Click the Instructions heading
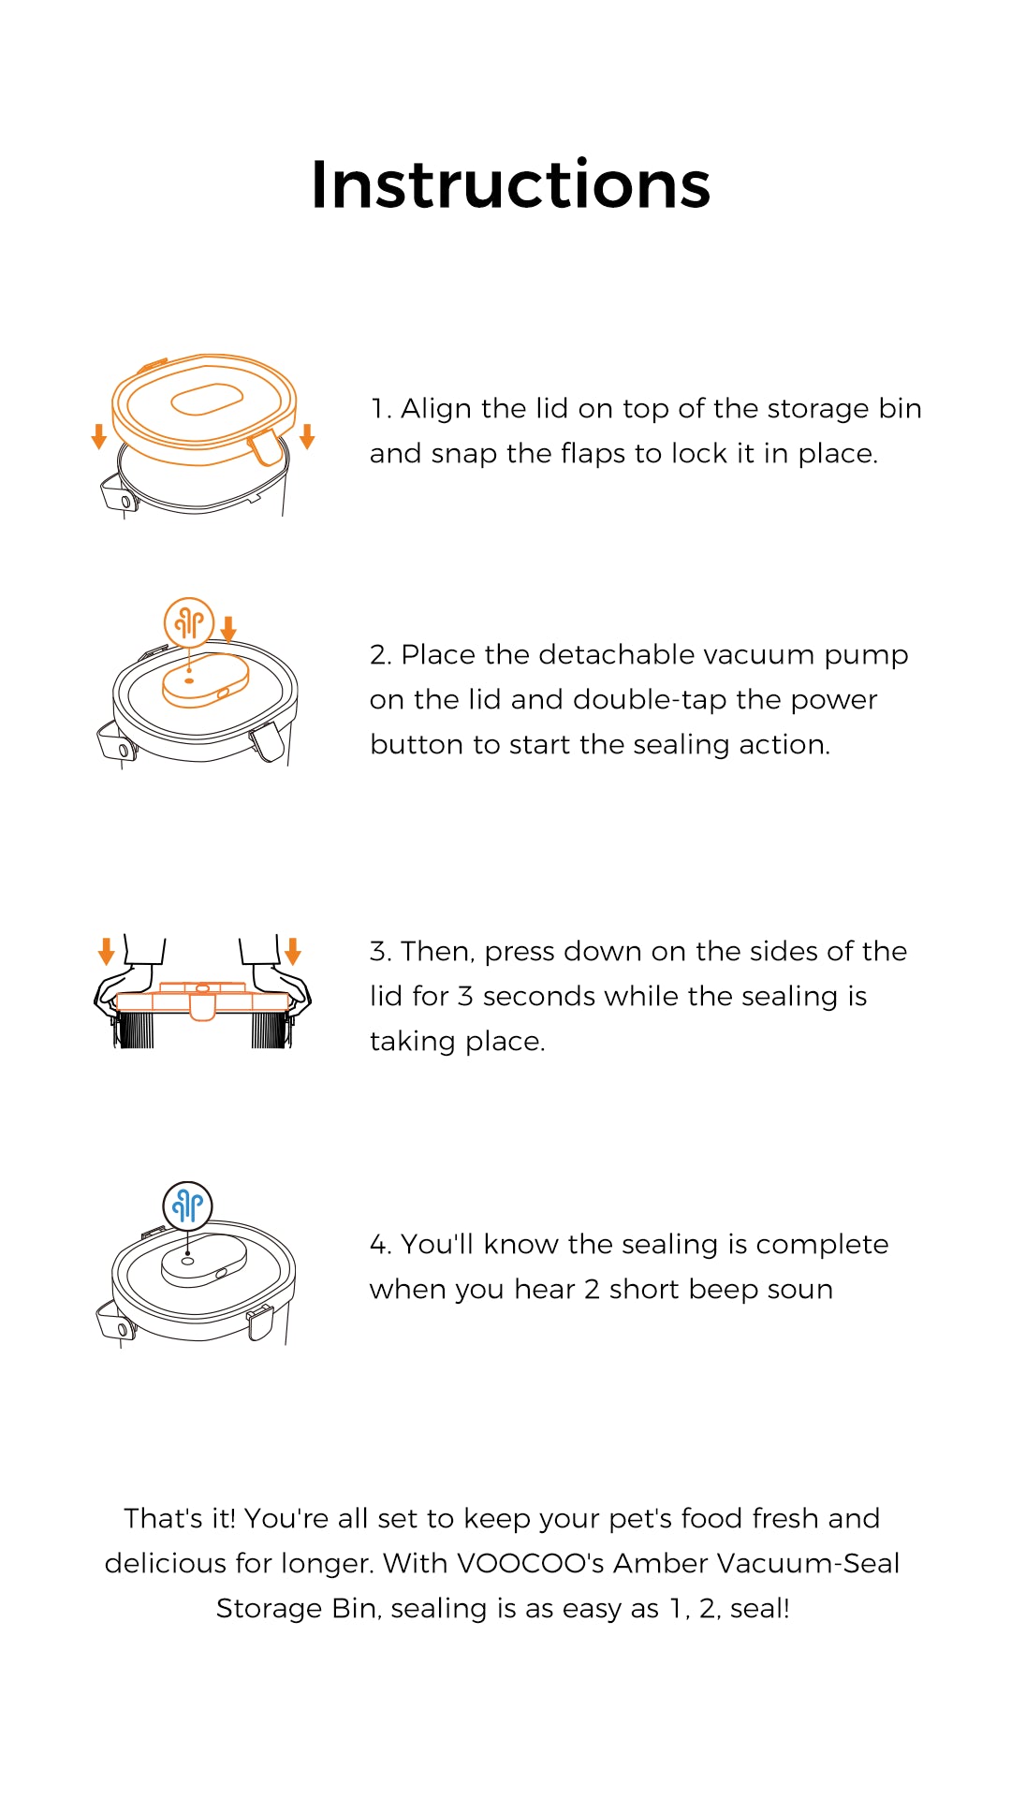510,184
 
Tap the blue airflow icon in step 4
188,1205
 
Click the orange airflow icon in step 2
189,622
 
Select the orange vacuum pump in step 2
206,680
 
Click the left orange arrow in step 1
98,436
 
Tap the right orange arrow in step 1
307,436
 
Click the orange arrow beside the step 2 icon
228,629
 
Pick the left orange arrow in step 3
106,951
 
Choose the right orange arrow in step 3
293,951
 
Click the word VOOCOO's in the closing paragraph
530,1563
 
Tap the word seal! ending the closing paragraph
759,1608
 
